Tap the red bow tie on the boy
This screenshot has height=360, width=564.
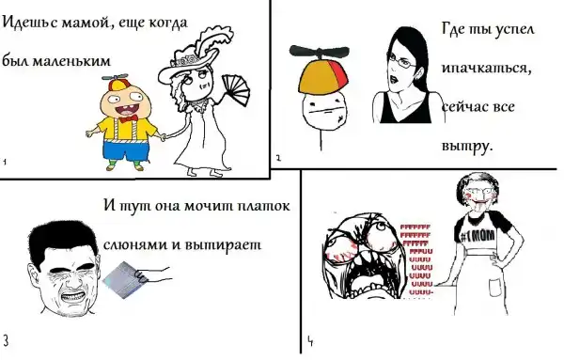(129, 118)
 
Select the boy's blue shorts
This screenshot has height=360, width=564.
(125, 152)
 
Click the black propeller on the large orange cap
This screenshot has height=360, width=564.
(319, 52)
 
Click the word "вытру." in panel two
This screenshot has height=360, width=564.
(466, 147)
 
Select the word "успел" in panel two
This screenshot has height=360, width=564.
(515, 30)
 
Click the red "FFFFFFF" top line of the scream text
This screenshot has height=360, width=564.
(415, 227)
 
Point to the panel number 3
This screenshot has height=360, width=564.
(7, 340)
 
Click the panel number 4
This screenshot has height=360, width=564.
(310, 341)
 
